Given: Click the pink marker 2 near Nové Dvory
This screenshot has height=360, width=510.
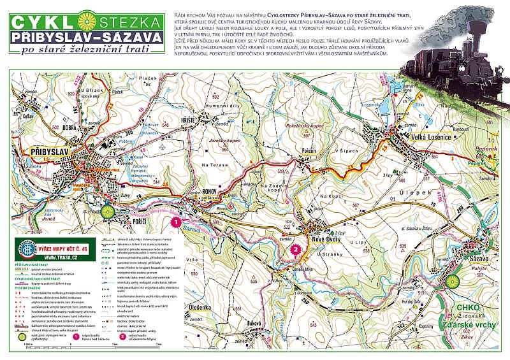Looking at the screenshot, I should point(295,250).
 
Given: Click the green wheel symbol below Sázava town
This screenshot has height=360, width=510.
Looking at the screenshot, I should point(453,281).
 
